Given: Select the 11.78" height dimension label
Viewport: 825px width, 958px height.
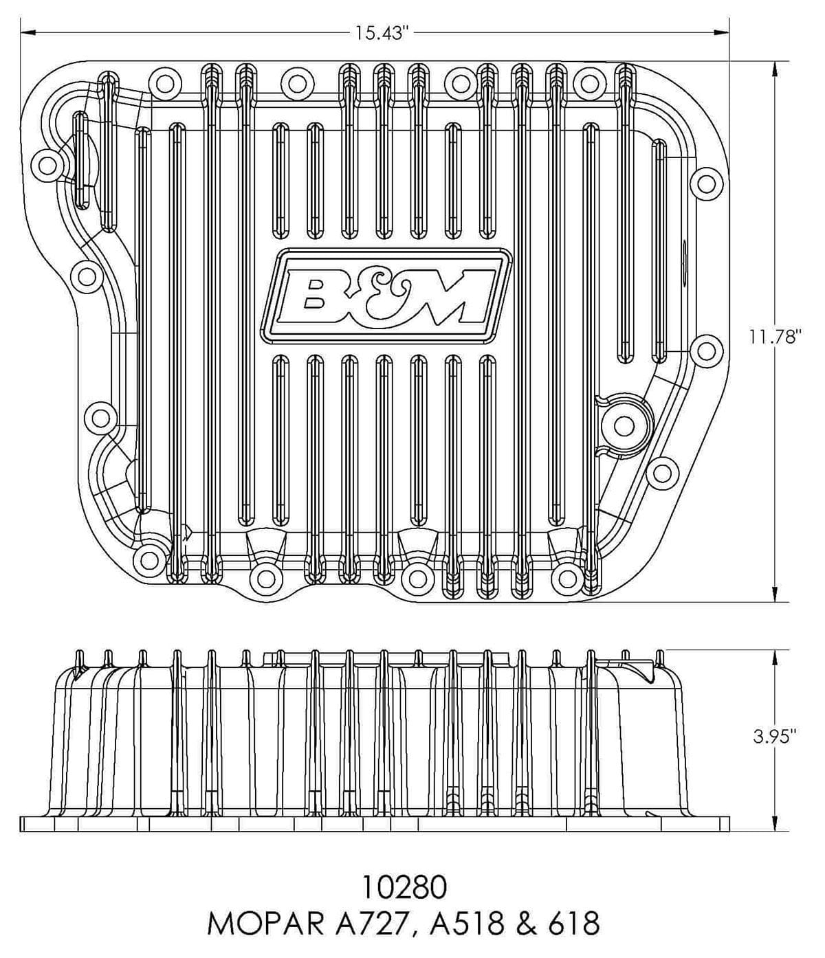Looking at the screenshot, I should [776, 337].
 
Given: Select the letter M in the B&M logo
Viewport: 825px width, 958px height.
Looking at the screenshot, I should [456, 301].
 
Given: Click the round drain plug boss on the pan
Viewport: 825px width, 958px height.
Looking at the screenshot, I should [623, 425].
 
